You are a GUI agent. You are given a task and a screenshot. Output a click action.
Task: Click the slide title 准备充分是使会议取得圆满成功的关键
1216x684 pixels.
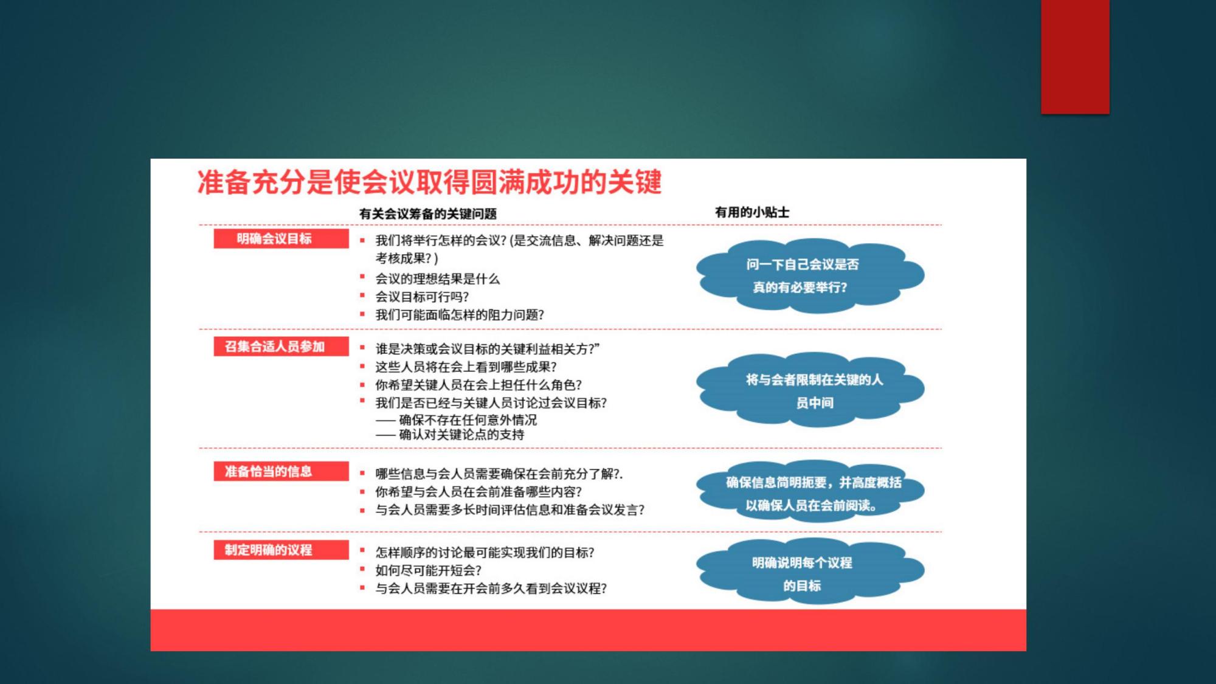click(x=429, y=182)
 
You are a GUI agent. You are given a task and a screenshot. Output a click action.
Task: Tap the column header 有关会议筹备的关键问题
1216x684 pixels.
click(x=428, y=213)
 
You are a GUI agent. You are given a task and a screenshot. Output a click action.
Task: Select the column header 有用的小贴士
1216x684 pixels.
click(x=752, y=212)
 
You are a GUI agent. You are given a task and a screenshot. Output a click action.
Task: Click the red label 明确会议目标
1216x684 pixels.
click(x=281, y=238)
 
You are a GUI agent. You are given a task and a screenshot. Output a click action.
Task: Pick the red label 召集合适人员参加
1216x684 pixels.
click(x=281, y=346)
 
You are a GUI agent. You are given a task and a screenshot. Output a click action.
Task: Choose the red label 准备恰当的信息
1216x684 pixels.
click(x=281, y=471)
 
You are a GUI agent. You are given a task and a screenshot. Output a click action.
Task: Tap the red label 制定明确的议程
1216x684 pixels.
click(x=281, y=550)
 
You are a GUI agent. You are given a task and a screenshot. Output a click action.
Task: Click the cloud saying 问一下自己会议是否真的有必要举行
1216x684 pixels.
click(x=810, y=275)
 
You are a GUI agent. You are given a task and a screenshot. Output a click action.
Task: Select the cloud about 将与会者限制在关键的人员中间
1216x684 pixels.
click(x=810, y=390)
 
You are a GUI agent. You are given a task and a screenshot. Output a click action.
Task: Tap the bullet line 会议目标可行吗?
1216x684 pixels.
click(x=422, y=297)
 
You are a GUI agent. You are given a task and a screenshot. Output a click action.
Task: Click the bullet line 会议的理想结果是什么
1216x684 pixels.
click(x=437, y=279)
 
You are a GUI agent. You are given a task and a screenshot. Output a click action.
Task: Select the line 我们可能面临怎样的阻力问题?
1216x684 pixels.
click(x=460, y=315)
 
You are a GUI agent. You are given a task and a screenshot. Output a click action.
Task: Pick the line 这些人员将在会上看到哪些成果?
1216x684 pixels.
click(x=466, y=367)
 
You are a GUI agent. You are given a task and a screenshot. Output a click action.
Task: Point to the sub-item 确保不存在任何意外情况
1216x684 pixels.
click(x=456, y=420)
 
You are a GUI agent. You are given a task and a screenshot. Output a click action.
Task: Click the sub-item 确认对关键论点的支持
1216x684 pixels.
click(x=450, y=435)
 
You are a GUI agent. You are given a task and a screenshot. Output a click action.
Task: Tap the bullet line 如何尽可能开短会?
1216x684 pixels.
click(x=428, y=570)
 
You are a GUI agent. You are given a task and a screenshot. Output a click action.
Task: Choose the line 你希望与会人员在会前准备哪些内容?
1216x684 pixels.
click(x=478, y=492)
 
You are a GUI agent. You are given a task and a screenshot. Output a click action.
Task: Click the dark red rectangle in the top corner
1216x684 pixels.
click(x=1075, y=57)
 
